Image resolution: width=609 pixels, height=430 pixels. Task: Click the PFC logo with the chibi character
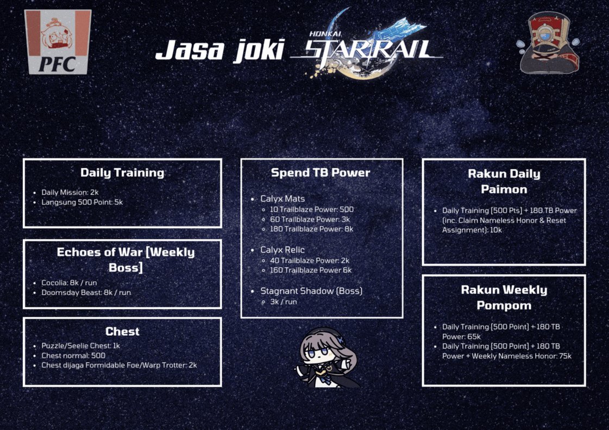pos(58,42)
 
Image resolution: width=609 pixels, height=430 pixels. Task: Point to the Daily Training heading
pos(122,173)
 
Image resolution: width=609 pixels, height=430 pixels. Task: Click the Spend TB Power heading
pos(321,173)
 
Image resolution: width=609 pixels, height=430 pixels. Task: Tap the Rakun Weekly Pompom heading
pos(504,297)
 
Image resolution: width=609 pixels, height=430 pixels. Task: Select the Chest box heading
pos(122,331)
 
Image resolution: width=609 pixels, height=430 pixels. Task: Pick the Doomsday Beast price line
pos(86,292)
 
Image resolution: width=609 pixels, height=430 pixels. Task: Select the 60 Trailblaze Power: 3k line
pos(310,219)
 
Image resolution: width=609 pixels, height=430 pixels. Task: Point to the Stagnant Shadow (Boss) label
pos(311,290)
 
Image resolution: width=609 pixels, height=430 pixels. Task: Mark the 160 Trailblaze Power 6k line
pos(311,270)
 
